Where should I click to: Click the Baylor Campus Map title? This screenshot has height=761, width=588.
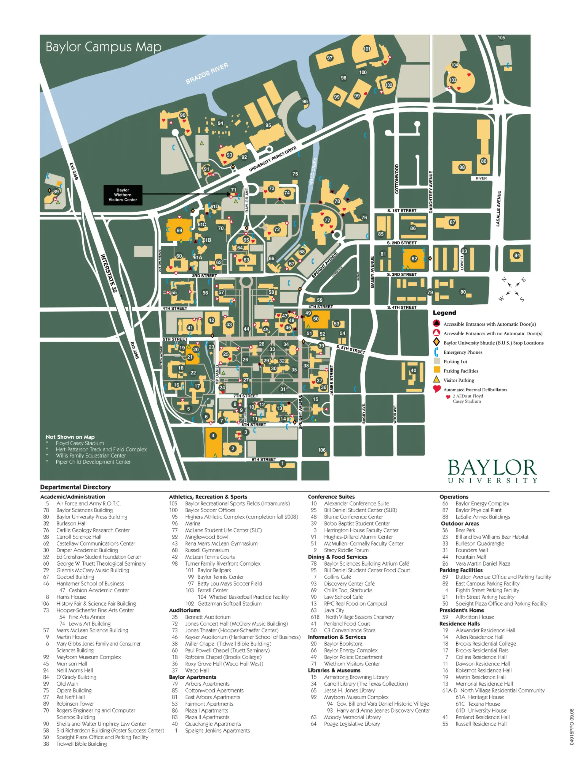click(104, 47)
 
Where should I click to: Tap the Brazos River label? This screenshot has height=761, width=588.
click(207, 73)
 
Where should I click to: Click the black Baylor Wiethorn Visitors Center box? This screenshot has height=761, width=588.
click(123, 195)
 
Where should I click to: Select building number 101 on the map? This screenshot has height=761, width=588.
click(367, 49)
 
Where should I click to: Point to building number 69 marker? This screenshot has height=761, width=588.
click(179, 230)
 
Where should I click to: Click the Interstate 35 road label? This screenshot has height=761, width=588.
click(108, 273)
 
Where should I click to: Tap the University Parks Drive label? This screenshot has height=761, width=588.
click(272, 159)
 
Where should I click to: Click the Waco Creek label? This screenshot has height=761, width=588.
click(313, 171)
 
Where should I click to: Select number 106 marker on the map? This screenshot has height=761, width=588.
click(322, 450)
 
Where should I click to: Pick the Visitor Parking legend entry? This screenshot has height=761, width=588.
click(458, 380)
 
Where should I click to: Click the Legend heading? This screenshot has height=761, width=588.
click(444, 313)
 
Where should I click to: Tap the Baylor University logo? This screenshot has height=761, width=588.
click(492, 471)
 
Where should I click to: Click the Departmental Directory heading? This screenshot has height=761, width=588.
click(75, 487)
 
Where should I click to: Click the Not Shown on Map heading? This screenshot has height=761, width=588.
click(70, 437)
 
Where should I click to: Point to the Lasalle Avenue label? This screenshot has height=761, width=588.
click(499, 208)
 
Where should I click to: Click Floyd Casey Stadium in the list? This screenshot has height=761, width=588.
click(80, 443)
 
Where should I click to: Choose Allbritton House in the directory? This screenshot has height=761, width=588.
click(474, 617)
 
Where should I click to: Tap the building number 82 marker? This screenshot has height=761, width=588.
click(414, 258)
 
